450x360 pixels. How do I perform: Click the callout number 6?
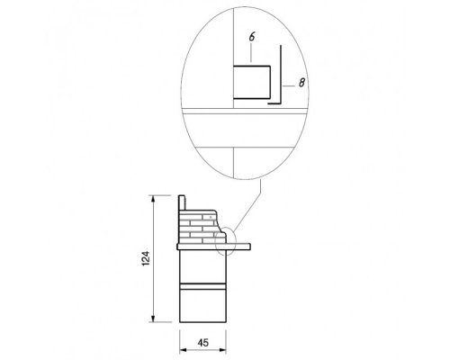tap(252, 37)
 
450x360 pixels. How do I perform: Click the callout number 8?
tap(301, 83)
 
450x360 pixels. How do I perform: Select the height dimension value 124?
tap(146, 258)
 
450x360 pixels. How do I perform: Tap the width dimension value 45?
tap(203, 343)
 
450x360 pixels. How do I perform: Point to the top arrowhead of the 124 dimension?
tap(153, 199)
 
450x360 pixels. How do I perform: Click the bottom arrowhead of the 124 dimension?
tap(153, 319)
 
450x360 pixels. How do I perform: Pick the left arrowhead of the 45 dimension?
tap(183, 350)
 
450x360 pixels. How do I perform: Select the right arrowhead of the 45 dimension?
tap(222, 350)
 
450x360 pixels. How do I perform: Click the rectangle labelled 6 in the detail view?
tap(252, 82)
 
